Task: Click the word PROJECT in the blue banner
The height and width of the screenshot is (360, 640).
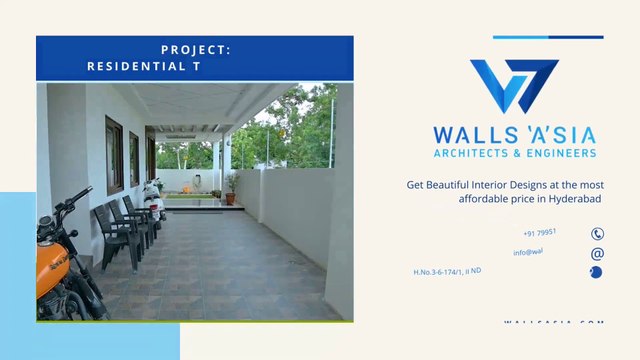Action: (195, 49)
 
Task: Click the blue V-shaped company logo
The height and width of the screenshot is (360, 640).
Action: (514, 87)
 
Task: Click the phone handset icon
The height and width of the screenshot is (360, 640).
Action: (597, 234)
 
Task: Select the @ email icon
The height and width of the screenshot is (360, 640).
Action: (597, 254)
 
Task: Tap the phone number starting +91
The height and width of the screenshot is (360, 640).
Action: (540, 233)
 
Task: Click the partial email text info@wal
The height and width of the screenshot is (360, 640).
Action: (528, 252)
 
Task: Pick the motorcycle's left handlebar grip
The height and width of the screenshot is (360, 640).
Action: (84, 193)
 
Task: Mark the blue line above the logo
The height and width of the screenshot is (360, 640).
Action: (547, 37)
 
